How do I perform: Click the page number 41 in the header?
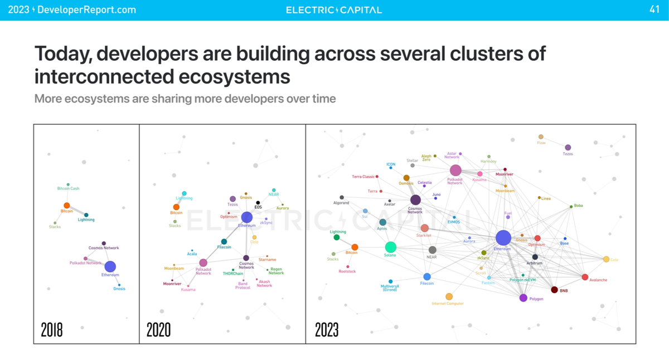pyautogui.click(x=655, y=9)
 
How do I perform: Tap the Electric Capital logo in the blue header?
pyautogui.click(x=334, y=10)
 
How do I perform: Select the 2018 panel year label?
pyautogui.click(x=52, y=330)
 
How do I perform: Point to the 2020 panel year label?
pyautogui.click(x=158, y=330)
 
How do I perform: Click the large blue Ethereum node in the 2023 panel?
pyautogui.click(x=503, y=238)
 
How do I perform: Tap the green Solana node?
pyautogui.click(x=390, y=247)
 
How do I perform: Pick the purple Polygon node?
pyautogui.click(x=523, y=298)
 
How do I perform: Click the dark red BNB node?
pyautogui.click(x=554, y=290)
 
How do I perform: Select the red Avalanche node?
pyautogui.click(x=585, y=277)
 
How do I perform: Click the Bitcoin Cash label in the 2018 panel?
pyautogui.click(x=68, y=188)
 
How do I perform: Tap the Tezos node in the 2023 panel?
pyautogui.click(x=568, y=148)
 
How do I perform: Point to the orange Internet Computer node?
pyautogui.click(x=449, y=296)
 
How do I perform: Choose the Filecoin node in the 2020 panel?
pyautogui.click(x=224, y=241)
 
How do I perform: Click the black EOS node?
pyautogui.click(x=258, y=203)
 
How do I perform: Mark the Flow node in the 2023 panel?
pyautogui.click(x=541, y=137)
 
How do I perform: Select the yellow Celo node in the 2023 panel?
pyautogui.click(x=606, y=259)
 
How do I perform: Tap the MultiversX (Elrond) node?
pyautogui.click(x=390, y=281)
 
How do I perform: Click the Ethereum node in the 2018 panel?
pyautogui.click(x=110, y=266)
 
